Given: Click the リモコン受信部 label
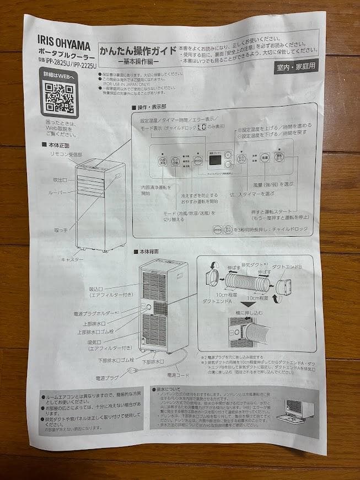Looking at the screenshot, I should pos(65,154).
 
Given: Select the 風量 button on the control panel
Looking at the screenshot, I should pos(264,158).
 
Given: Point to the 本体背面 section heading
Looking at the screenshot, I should pos(149,251).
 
